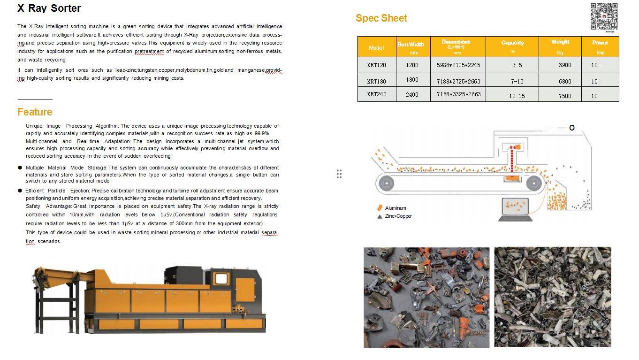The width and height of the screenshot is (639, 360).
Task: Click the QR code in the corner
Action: (603, 16)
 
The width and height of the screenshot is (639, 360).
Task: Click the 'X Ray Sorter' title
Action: (49, 8)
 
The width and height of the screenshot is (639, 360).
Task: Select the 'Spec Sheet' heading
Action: (381, 18)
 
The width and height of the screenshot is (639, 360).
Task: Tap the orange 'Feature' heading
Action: (35, 112)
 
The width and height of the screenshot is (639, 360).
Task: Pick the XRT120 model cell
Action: (376, 65)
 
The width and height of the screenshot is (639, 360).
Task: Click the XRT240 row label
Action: (376, 94)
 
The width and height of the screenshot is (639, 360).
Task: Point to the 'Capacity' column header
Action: (512, 43)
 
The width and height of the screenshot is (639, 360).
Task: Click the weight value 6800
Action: (565, 81)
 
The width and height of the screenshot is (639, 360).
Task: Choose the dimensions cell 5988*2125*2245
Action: (458, 65)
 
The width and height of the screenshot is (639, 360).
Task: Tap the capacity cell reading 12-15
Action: (517, 96)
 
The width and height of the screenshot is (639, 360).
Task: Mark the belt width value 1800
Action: (412, 80)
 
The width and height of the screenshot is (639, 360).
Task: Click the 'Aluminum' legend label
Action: (395, 208)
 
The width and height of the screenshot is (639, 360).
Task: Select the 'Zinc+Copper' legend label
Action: (398, 216)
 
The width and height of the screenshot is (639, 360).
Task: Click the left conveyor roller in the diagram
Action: (386, 183)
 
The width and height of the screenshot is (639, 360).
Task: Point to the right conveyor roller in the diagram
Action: (533, 183)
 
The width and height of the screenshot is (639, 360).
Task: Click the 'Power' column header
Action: (600, 43)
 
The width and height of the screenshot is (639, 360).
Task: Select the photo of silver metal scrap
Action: (552, 297)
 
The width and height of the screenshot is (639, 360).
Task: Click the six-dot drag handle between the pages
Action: (339, 174)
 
